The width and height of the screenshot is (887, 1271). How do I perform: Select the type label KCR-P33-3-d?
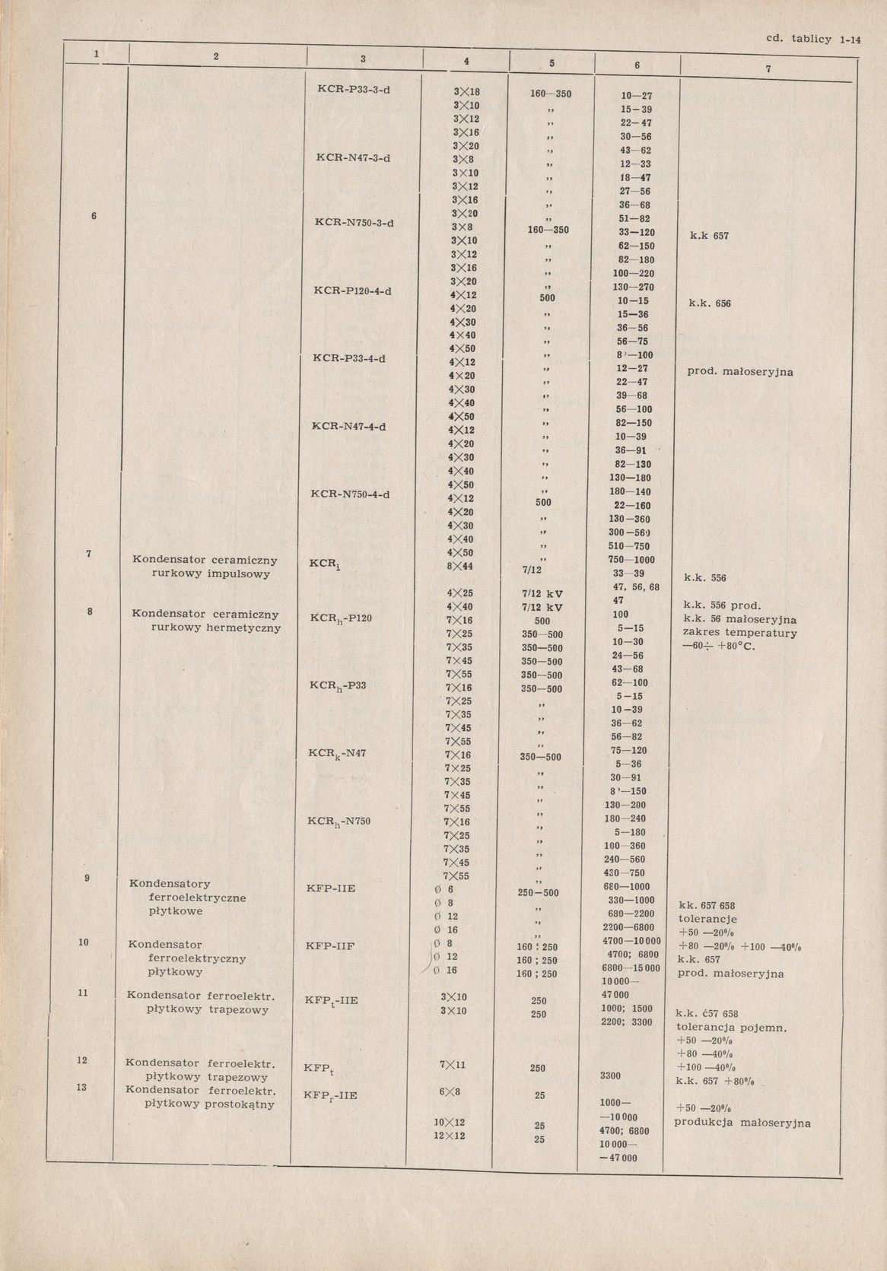click(353, 88)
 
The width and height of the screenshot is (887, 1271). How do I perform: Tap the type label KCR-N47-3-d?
click(353, 157)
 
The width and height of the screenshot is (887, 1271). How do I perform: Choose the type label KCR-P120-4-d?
click(352, 291)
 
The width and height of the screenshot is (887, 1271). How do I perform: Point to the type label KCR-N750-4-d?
click(351, 494)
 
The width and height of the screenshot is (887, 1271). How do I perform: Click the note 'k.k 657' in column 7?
click(709, 236)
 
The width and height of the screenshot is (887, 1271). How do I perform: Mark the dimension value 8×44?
click(460, 566)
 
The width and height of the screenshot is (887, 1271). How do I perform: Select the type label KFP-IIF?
click(331, 945)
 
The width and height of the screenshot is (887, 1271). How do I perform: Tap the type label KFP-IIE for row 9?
click(331, 888)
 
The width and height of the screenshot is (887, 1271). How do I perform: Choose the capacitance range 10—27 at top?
click(637, 97)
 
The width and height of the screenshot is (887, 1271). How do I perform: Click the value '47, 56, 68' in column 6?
click(636, 587)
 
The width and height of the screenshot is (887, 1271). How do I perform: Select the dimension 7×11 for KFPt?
click(453, 1065)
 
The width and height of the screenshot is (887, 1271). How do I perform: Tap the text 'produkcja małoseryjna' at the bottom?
click(742, 1123)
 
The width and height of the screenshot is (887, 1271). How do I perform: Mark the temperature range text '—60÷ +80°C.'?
click(717, 647)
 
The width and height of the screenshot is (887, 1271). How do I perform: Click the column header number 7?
click(768, 69)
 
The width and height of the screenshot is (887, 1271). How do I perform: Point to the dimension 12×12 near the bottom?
click(450, 1136)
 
